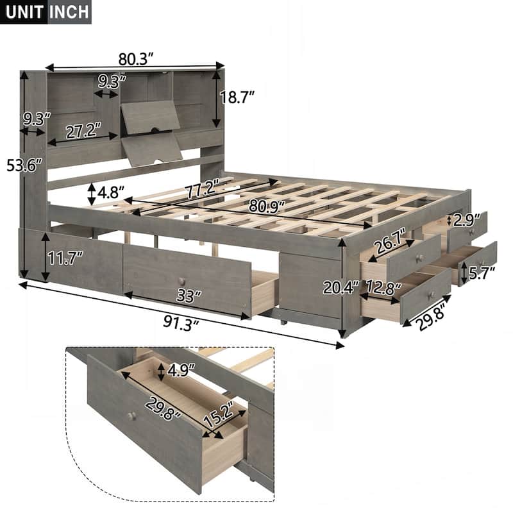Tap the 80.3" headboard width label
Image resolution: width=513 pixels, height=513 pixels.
click(136, 59)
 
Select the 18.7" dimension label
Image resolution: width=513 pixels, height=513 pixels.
click(238, 97)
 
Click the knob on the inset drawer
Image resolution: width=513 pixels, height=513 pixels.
click(131, 416)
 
